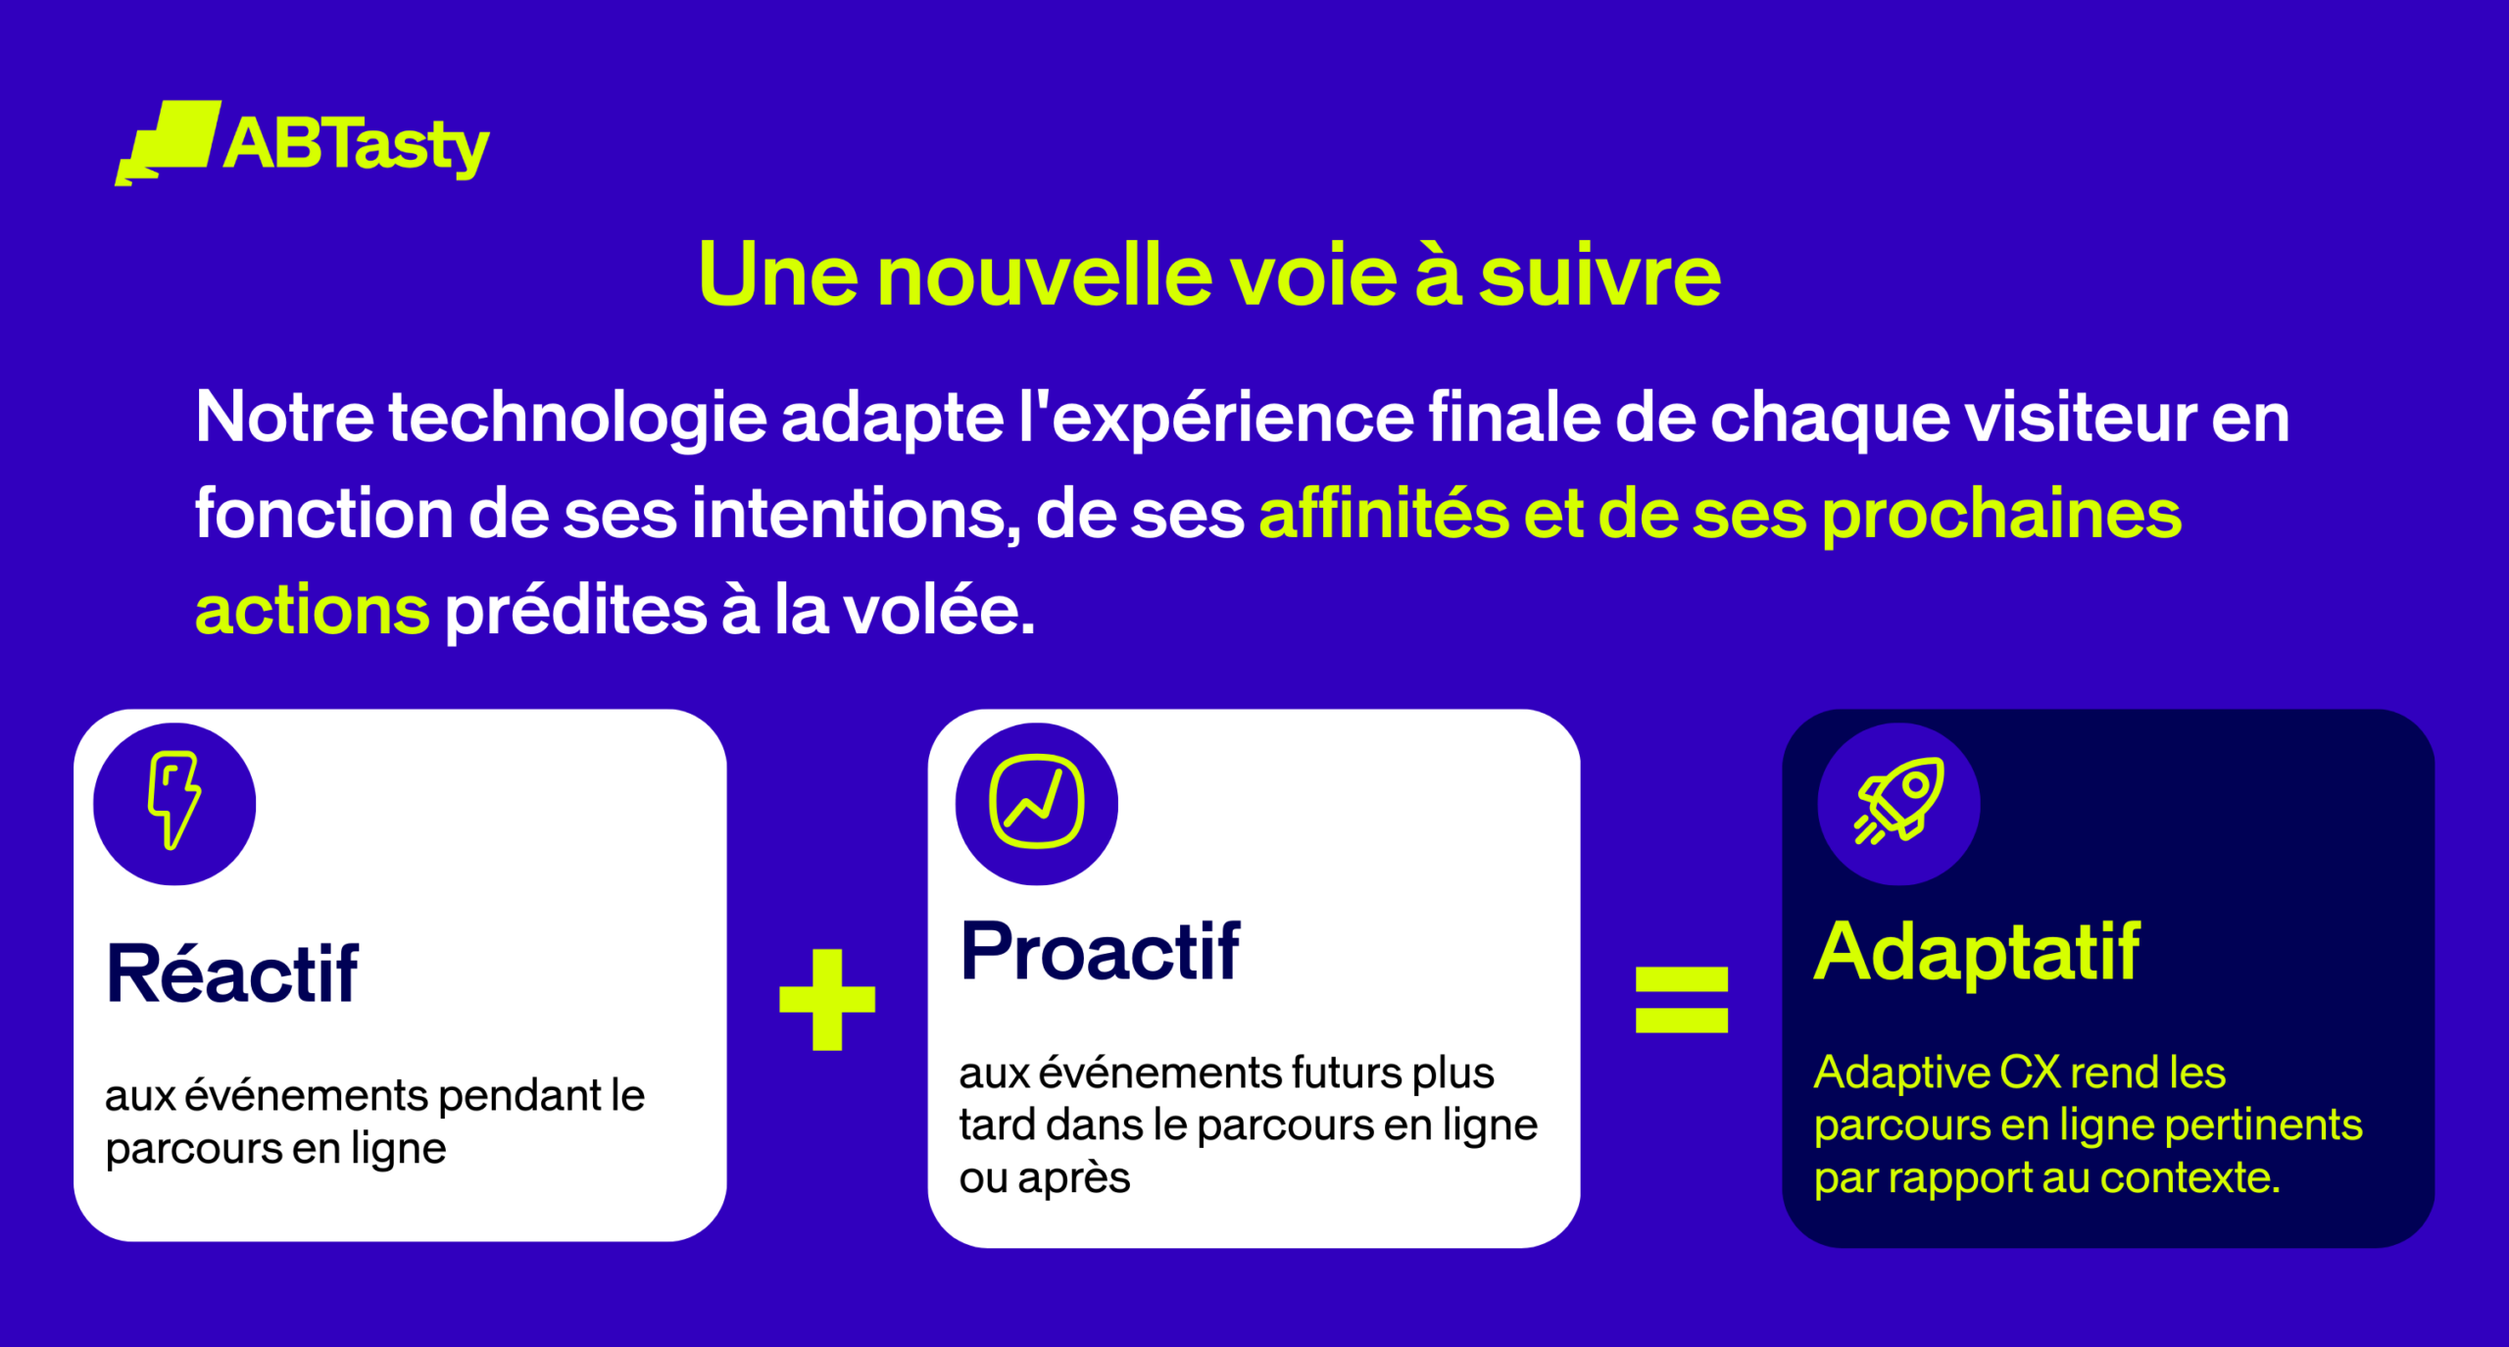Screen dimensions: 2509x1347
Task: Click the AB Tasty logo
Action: pyautogui.click(x=302, y=143)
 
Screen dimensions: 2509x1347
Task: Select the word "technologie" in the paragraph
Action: pyautogui.click(x=577, y=420)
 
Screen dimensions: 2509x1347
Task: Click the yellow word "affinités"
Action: pyautogui.click(x=1383, y=514)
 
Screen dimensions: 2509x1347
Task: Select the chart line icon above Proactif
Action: pyautogui.click(x=1036, y=801)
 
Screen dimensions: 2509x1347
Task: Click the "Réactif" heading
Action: pyautogui.click(x=232, y=973)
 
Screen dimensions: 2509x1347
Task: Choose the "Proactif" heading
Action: pyautogui.click(x=1100, y=951)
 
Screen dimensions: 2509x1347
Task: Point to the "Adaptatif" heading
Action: pyautogui.click(x=1977, y=951)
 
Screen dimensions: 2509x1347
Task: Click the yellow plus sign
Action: pyautogui.click(x=827, y=999)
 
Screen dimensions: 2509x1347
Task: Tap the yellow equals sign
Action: pyautogui.click(x=1682, y=1000)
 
